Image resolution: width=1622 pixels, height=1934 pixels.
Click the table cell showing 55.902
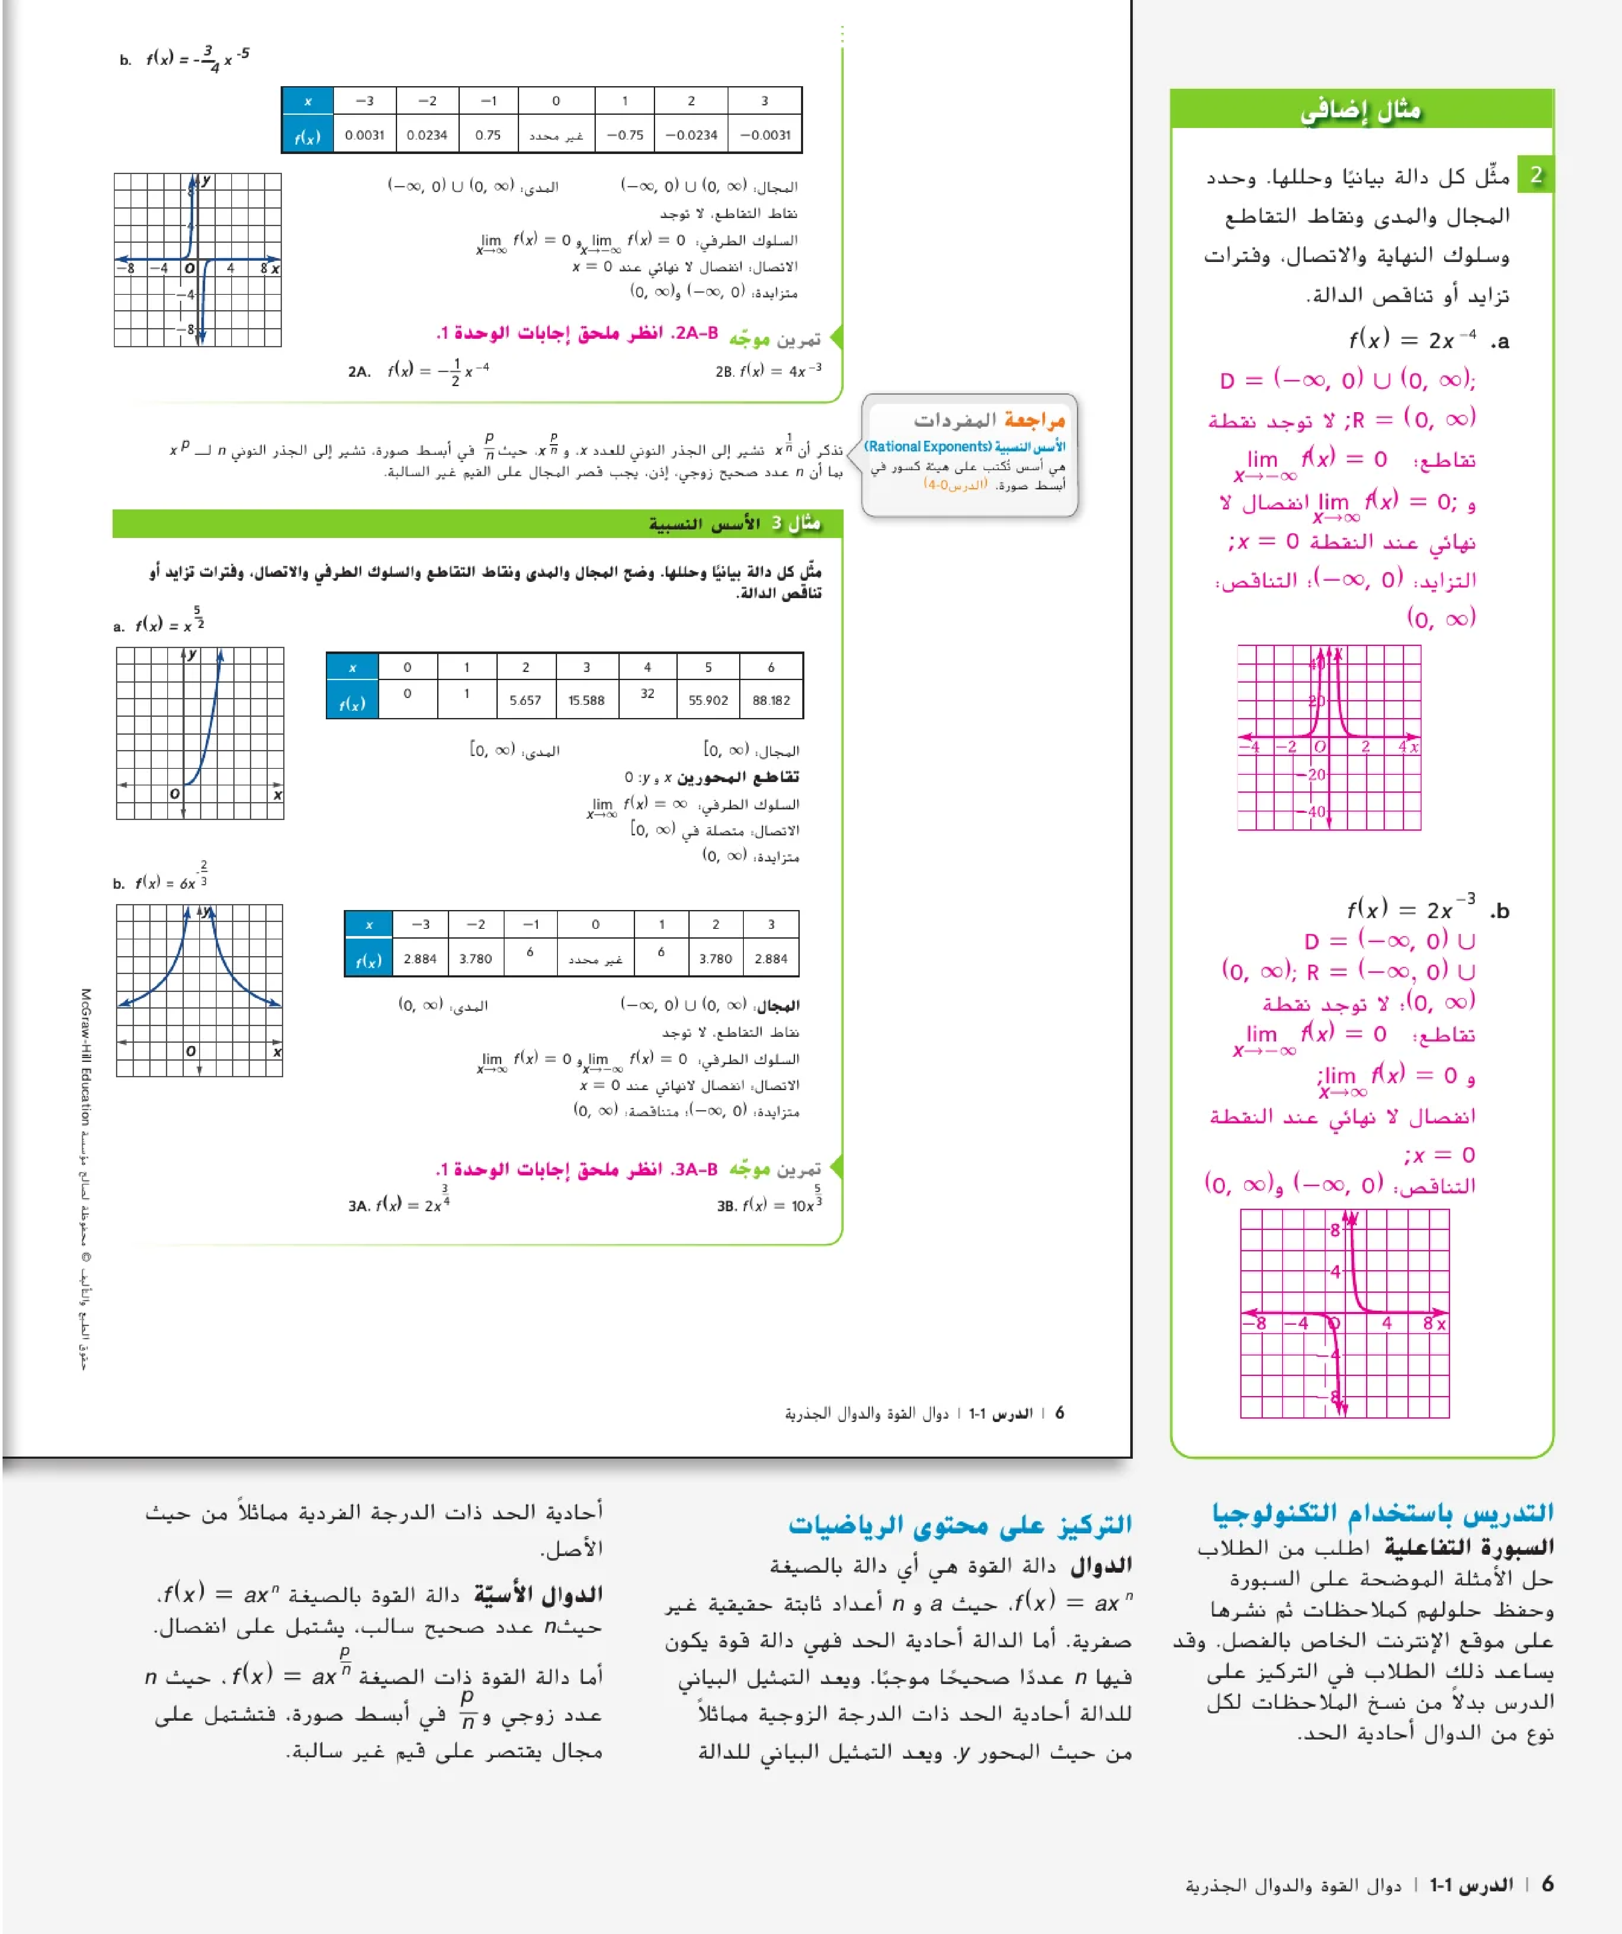pyautogui.click(x=708, y=700)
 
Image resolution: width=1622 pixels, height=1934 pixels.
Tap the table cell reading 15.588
pyautogui.click(x=586, y=700)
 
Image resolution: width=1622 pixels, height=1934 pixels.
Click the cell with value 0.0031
pyautogui.click(x=365, y=134)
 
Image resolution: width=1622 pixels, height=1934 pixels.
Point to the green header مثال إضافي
pyautogui.click(x=1361, y=111)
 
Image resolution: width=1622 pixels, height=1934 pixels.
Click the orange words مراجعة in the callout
pyautogui.click(x=1035, y=420)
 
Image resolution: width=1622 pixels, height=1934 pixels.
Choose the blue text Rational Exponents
pyautogui.click(x=928, y=447)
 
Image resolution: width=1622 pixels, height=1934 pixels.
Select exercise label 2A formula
pyautogui.click(x=419, y=371)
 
